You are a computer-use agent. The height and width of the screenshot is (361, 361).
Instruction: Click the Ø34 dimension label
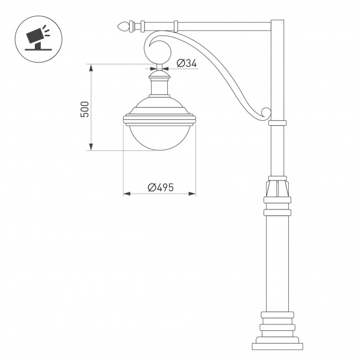(188, 63)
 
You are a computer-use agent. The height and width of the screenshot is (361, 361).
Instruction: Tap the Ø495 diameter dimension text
(160, 187)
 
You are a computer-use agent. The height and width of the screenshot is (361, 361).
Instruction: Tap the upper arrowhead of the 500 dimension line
(91, 67)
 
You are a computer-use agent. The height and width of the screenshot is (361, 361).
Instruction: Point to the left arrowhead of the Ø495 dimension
(126, 194)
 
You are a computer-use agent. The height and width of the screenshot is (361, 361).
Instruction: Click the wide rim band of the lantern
(159, 119)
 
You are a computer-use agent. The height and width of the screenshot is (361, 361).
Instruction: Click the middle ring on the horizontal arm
(176, 26)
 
